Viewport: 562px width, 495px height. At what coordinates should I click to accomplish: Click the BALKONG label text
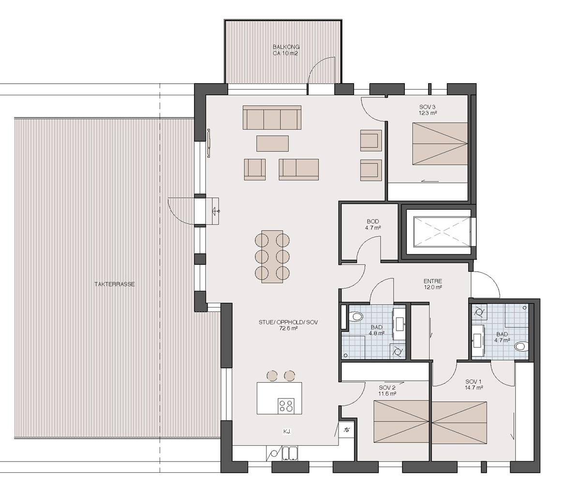point(286,47)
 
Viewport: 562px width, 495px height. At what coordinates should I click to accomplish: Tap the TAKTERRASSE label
point(115,284)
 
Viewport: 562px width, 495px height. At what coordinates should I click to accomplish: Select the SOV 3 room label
point(427,107)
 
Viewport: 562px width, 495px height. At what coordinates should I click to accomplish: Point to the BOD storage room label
point(373,221)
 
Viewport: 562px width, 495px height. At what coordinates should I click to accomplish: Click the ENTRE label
point(432,281)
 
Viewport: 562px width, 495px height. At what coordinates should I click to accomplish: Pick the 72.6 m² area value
point(288,328)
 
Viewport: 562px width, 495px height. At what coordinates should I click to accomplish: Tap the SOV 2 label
point(387,388)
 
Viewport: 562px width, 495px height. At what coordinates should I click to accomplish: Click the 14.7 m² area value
point(474,388)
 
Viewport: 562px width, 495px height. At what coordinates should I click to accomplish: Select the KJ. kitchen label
point(287,432)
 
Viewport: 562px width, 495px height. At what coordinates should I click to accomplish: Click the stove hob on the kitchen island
point(286,406)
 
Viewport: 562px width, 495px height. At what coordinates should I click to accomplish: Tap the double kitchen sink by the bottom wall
point(290,453)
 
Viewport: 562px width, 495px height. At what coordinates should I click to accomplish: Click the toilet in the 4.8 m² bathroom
point(355,316)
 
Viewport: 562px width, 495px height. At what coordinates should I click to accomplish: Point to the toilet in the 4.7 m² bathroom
point(522,346)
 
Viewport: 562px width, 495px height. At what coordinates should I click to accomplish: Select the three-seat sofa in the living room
point(272,117)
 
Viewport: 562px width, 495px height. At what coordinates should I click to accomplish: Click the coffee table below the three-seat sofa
point(272,143)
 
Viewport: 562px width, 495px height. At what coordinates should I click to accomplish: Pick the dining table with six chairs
point(272,257)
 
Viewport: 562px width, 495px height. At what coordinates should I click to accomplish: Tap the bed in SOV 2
point(401,422)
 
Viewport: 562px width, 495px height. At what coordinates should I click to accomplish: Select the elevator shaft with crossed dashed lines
point(441,232)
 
